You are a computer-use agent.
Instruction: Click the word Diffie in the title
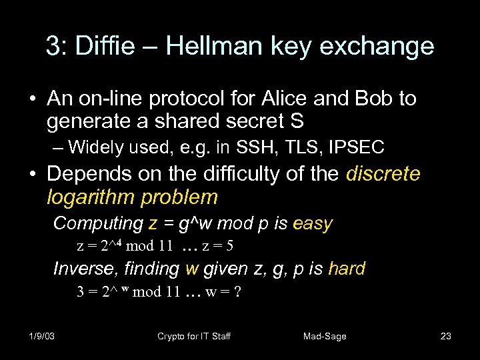coord(106,46)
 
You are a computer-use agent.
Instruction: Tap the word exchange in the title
coord(381,46)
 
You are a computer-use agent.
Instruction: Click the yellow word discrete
coord(383,174)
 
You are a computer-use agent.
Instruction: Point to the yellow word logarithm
coord(91,197)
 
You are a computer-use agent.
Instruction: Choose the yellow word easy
coord(312,223)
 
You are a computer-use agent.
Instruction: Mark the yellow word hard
coord(347,269)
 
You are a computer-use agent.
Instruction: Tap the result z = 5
coord(217,246)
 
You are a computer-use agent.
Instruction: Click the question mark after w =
coord(237,291)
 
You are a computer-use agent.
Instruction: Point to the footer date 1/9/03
coord(41,336)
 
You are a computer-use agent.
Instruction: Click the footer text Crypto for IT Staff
coord(193,336)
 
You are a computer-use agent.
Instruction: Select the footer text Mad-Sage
coord(325,336)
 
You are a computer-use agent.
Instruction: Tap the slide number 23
coord(446,336)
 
